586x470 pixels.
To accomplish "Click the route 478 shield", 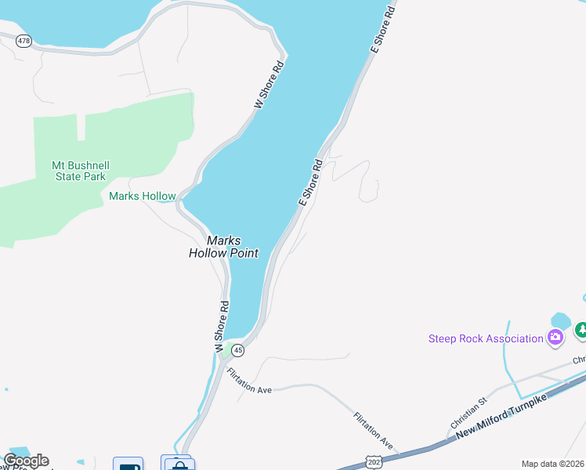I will point(24,41).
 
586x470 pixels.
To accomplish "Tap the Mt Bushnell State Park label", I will point(76,170).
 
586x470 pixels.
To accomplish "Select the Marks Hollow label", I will point(143,196).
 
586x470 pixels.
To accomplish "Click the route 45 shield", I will point(238,350).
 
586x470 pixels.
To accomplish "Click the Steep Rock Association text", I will point(486,338).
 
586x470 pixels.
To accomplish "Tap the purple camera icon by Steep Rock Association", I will point(555,338).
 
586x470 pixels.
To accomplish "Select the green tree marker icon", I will point(581,331).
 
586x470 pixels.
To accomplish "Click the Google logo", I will point(26,461).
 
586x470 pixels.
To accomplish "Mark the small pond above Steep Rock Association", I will point(560,320).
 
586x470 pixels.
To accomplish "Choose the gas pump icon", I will point(128,465).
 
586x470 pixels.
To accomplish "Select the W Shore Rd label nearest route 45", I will point(221,325).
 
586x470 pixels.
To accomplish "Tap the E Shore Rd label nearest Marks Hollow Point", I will point(311,183).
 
